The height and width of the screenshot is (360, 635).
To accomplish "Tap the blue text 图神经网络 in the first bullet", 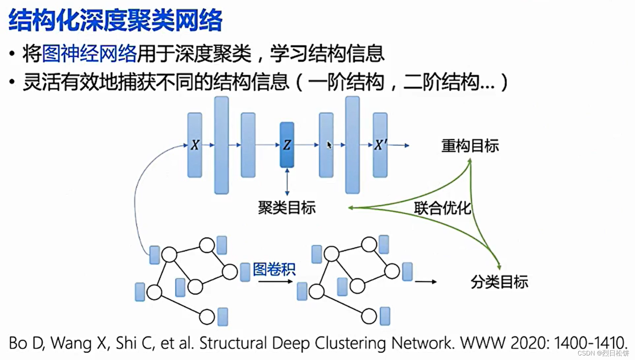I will coord(89,54).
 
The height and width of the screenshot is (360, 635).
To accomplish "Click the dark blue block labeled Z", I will coord(287,145).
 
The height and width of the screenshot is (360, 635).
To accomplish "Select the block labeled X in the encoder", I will coord(195,145).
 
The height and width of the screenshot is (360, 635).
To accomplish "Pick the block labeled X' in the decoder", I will coord(380,145).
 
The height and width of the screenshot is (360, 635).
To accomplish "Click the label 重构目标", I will coord(470,146).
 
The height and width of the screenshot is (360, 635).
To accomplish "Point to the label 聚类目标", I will coord(286,208).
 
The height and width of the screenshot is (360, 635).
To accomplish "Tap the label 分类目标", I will coord(499,282).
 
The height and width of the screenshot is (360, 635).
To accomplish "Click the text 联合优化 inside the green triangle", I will coord(442,208).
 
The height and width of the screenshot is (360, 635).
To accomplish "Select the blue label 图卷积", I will coord(274,269).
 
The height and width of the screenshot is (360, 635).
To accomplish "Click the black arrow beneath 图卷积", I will coord(275,282).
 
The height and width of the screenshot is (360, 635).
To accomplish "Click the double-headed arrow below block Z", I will coord(287,182).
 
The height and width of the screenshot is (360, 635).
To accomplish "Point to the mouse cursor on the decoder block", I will coord(329,145).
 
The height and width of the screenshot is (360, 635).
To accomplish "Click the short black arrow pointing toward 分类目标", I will coord(426,282).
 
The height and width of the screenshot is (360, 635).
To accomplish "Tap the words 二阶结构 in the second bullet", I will coord(441,82).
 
